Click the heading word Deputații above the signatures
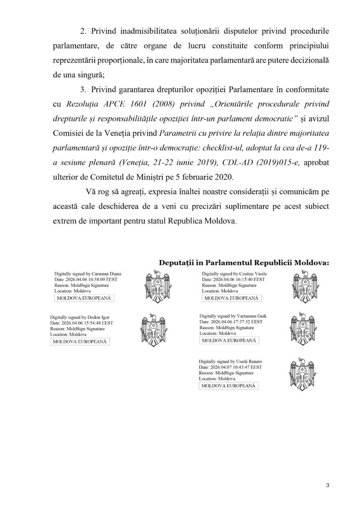(177, 262)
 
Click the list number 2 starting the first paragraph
(83, 31)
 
